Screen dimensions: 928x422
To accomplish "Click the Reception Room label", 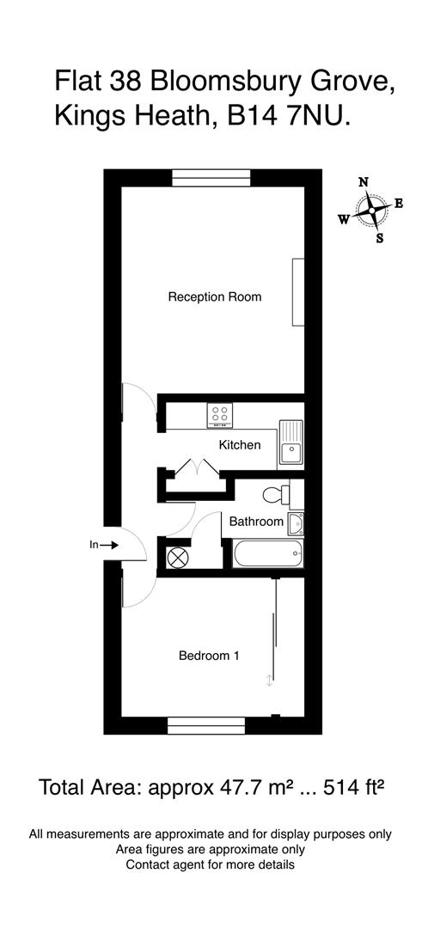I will [x=214, y=297].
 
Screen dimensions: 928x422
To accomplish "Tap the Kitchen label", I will [x=239, y=445].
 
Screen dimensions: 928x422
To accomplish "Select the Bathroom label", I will [x=255, y=522].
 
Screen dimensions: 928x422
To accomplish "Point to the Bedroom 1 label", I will [x=208, y=656].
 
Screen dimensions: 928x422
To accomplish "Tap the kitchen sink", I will [x=291, y=444].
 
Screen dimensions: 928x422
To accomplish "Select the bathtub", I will [x=267, y=554].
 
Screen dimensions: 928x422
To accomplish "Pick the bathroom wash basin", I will [x=296, y=522].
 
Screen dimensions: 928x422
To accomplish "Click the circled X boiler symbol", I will [x=177, y=557].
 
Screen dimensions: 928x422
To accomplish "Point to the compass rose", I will [x=371, y=209].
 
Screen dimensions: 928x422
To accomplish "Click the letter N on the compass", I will [x=364, y=182].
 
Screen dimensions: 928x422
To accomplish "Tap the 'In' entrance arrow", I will [x=102, y=544].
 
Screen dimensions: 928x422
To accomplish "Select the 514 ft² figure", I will [x=348, y=786].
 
